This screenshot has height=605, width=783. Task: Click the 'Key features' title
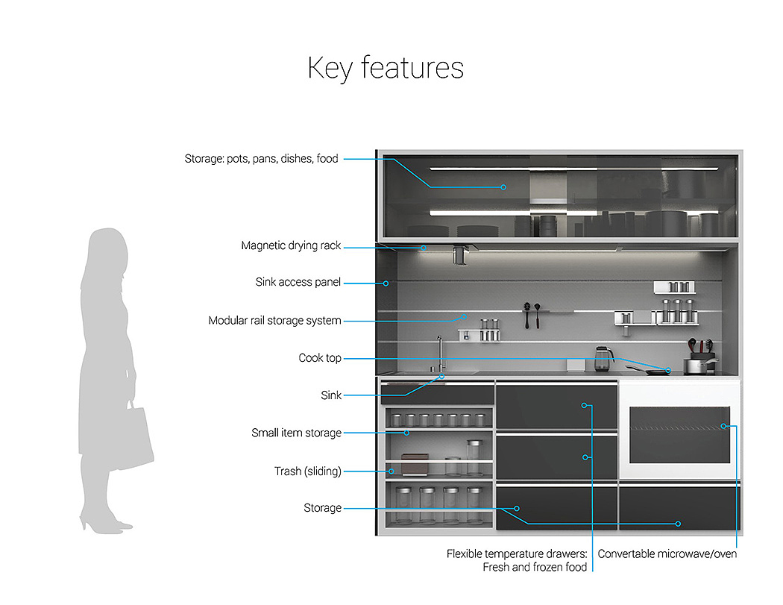point(386,68)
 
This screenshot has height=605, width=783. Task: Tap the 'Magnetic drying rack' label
point(291,245)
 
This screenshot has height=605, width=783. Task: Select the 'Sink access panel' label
point(298,282)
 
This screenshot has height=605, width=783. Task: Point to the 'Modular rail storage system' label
point(274,321)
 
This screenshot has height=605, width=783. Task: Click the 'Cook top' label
point(320,358)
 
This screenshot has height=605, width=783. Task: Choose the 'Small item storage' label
point(296,433)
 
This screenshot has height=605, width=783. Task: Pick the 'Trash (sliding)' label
point(307,471)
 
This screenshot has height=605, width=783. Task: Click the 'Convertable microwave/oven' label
point(667,554)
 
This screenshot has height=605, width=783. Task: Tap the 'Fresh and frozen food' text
point(535,568)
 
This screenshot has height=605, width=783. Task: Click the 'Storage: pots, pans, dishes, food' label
point(261,158)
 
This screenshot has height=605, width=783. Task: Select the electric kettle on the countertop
point(603,359)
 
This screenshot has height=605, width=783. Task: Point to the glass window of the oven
point(679,434)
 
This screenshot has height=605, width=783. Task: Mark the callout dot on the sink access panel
point(386,283)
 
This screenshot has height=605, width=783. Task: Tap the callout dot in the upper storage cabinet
point(503,186)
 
